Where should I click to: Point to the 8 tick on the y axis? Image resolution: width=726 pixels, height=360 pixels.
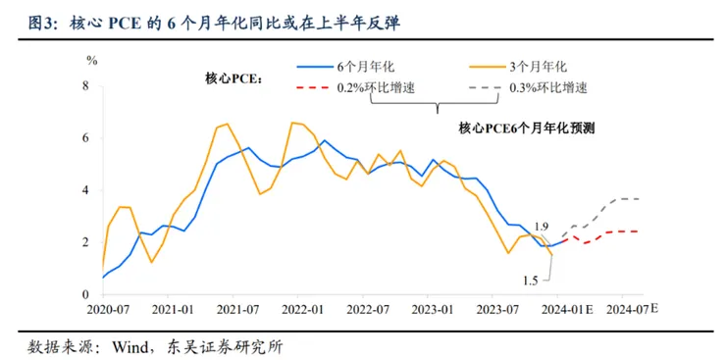[85, 86]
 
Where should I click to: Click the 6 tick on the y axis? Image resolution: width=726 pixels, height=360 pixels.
[85, 138]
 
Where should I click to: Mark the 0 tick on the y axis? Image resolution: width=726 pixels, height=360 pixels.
[85, 294]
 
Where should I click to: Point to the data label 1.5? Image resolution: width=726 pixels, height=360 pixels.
[530, 282]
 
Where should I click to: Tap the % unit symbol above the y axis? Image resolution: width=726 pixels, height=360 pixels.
[91, 61]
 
